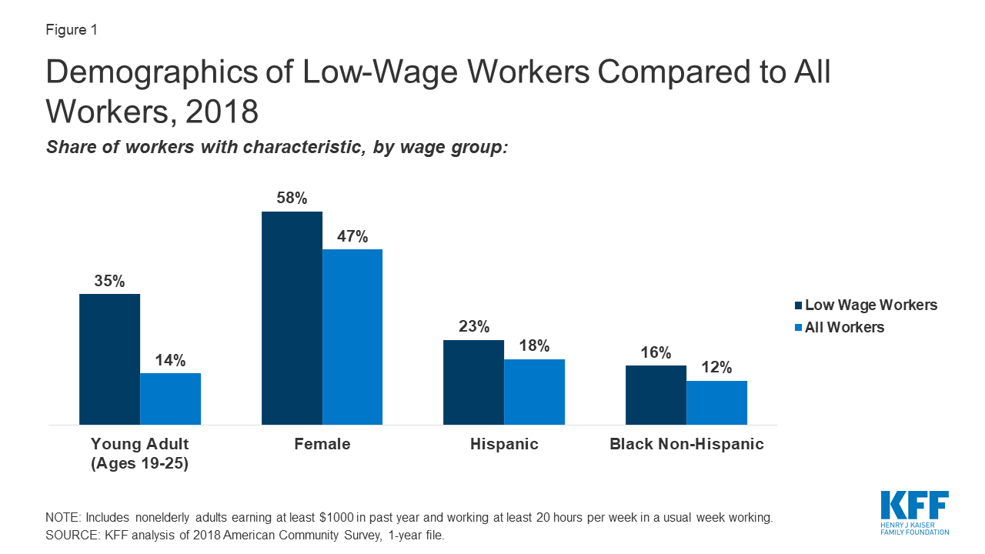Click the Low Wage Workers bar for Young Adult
109,359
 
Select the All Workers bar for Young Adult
170,399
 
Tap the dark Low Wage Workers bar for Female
292,318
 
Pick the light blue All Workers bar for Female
352,336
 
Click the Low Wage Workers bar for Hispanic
473,382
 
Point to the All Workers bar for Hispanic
534,392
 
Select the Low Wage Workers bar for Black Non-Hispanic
656,395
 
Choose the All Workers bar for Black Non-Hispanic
716,402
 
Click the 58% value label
292,199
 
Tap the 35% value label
109,281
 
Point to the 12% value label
716,368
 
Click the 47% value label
352,236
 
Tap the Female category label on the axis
322,444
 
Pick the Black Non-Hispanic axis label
686,444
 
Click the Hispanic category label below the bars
504,444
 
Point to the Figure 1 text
72,31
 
